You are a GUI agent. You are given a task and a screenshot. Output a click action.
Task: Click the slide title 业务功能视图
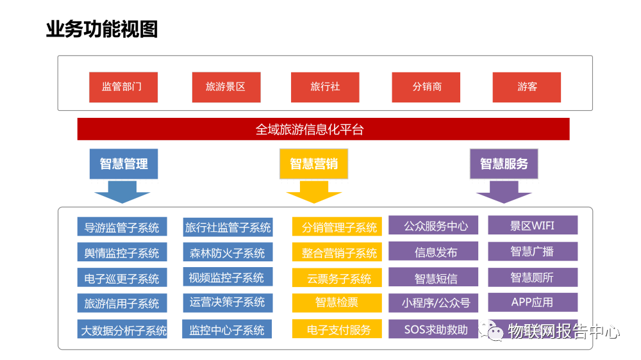(102, 29)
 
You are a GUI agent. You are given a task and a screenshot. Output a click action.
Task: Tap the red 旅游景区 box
(226, 87)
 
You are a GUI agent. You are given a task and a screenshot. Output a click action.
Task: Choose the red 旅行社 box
(325, 87)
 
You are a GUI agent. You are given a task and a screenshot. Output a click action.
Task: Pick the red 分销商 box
(427, 87)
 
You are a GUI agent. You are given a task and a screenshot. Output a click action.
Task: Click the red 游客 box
(526, 87)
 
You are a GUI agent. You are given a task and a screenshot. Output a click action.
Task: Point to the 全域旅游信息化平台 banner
(323, 129)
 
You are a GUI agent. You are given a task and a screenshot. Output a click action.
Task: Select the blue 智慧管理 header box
(124, 164)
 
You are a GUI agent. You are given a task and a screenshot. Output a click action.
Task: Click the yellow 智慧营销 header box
(313, 164)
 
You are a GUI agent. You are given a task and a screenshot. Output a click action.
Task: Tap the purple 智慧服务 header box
(504, 164)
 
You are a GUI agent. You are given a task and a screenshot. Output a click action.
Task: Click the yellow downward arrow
(313, 193)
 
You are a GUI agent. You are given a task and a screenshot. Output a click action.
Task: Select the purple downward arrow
(504, 193)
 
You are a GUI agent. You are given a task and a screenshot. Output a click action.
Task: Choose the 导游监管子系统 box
(122, 227)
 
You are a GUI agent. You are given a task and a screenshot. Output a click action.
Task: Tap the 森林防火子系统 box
(227, 252)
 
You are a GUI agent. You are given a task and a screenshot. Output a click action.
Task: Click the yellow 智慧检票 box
(337, 303)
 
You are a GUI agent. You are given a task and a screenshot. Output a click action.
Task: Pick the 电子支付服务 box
(337, 329)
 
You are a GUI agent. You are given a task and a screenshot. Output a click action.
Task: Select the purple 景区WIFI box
(533, 225)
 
